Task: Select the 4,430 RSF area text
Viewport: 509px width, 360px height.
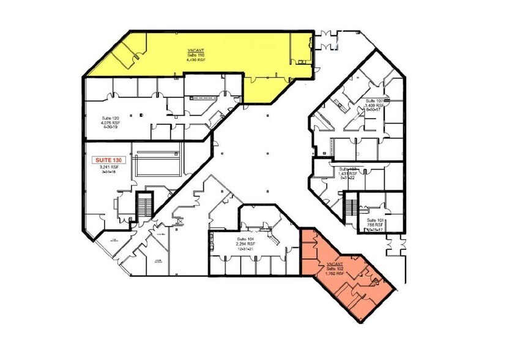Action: (x=197, y=60)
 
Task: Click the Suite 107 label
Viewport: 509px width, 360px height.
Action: (x=374, y=101)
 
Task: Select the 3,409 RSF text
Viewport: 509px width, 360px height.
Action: (x=374, y=106)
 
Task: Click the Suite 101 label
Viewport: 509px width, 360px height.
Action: (x=374, y=220)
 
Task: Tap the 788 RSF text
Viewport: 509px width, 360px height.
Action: (x=374, y=225)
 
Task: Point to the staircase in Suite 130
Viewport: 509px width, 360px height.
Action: (x=145, y=205)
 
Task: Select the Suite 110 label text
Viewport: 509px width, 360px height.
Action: (x=197, y=55)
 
